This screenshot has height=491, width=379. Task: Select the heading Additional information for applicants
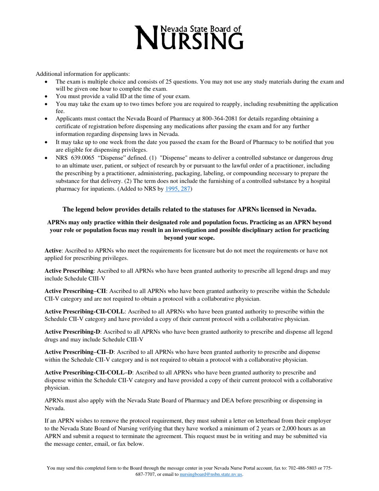(x=83, y=74)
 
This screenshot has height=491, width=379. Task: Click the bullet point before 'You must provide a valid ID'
(x=47, y=96)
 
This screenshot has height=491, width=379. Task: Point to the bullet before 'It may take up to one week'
(x=47, y=142)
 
